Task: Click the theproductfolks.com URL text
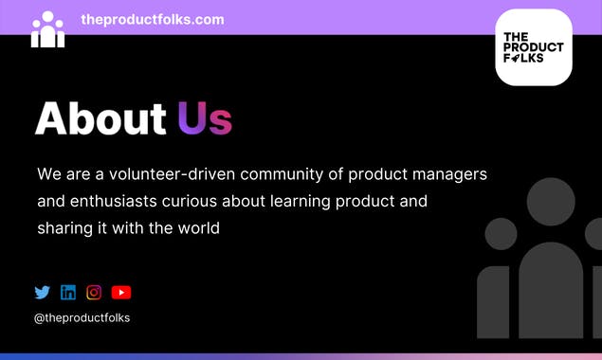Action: tap(152, 19)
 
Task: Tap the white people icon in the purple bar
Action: tap(47, 29)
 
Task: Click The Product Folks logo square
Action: tap(533, 47)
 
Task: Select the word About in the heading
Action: tap(100, 118)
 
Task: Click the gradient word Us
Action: tap(205, 118)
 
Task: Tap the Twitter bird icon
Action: tap(42, 293)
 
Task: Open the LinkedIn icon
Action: tap(68, 293)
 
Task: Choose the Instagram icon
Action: tap(94, 293)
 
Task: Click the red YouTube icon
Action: tap(120, 293)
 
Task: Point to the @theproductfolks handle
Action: tap(82, 318)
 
